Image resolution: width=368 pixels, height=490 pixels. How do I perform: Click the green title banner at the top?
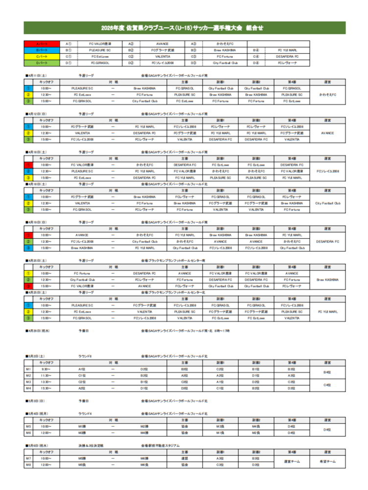(x=184, y=28)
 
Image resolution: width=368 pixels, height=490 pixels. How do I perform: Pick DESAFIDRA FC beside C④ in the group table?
(x=287, y=56)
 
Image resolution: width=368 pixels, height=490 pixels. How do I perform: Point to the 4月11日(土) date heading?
(x=37, y=76)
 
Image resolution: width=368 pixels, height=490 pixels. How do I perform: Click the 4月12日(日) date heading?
(x=37, y=114)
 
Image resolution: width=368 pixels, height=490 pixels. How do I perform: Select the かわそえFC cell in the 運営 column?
(x=327, y=94)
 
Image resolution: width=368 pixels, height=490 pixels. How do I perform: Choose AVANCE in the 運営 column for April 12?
(x=327, y=133)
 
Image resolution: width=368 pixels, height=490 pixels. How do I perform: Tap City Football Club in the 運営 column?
(x=327, y=203)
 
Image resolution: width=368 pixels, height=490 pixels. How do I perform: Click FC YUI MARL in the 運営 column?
(x=327, y=311)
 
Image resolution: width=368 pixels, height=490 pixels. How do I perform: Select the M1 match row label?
(x=29, y=369)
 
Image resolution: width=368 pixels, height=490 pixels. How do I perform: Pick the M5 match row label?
(x=29, y=426)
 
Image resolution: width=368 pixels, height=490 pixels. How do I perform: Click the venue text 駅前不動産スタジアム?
(x=161, y=445)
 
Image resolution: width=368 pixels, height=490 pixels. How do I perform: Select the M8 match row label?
(x=29, y=464)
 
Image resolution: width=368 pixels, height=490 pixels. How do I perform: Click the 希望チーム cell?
(x=327, y=461)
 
